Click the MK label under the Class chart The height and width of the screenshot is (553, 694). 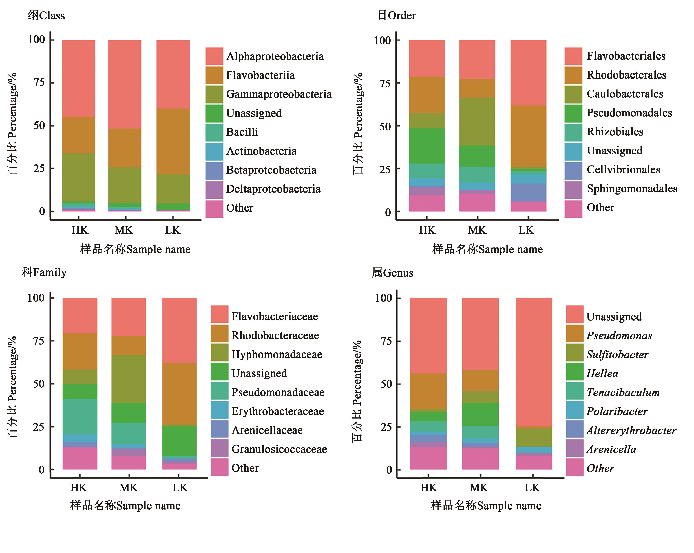pyautogui.click(x=124, y=230)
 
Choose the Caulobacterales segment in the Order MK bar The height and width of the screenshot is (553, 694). pyautogui.click(x=477, y=121)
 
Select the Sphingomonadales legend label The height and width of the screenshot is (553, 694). pyautogui.click(x=632, y=189)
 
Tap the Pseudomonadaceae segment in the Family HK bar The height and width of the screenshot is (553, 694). pyautogui.click(x=80, y=417)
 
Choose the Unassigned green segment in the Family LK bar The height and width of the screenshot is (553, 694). pyautogui.click(x=179, y=441)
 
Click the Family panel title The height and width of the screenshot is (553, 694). pyautogui.click(x=44, y=272)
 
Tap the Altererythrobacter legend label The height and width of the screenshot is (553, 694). pyautogui.click(x=631, y=430)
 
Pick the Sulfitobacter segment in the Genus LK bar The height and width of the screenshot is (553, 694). pyautogui.click(x=534, y=437)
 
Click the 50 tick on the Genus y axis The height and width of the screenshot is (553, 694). pyautogui.click(x=386, y=384)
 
